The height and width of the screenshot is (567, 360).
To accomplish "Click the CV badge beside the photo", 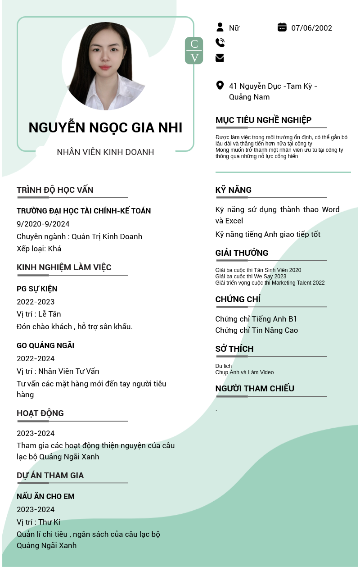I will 194,50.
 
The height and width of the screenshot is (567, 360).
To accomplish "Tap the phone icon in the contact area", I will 220,43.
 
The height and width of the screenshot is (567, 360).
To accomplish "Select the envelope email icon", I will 220,58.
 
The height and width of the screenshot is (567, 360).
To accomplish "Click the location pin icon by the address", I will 220,85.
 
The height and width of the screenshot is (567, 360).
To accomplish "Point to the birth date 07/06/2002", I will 311,28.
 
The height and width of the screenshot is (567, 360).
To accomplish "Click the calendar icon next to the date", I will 282,27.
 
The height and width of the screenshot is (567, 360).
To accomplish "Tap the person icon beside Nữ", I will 220,27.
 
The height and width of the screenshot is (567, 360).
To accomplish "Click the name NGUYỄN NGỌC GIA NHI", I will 105,127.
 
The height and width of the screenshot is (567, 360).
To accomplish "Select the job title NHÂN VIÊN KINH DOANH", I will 105,152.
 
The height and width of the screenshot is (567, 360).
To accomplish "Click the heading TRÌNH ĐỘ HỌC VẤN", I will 55,190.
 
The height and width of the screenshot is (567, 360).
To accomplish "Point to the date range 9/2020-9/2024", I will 43,224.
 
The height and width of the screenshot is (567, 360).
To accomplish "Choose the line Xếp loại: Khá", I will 39,249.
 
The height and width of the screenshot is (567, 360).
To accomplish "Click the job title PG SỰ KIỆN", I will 37,289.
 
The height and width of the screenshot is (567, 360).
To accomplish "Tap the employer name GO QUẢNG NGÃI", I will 45,345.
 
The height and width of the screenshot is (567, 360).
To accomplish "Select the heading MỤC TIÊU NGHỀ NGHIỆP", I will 263,120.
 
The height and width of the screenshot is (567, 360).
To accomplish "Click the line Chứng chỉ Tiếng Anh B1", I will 256,319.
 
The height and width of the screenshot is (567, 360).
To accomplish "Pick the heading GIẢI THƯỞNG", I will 242,253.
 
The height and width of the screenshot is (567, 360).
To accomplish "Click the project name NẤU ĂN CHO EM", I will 45,496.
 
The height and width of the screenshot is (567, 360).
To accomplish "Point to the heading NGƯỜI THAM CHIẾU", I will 255,388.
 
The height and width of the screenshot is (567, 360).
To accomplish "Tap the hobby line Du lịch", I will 224,366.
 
